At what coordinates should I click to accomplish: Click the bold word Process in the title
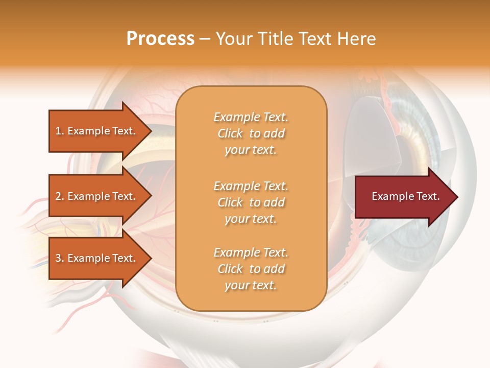pos(160,39)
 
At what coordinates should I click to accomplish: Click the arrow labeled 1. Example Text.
pos(97,131)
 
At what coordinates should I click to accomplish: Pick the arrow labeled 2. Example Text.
pos(97,196)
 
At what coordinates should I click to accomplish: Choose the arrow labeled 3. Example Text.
pos(97,258)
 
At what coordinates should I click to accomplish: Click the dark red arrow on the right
pos(403,197)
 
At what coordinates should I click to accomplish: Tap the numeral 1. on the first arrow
pos(60,131)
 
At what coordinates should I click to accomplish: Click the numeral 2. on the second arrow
pos(60,196)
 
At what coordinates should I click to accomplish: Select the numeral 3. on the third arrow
pos(60,258)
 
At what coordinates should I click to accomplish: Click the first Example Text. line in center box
pos(251,117)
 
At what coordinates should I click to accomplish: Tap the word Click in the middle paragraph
pos(230,202)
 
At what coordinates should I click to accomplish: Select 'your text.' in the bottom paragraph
pos(251,285)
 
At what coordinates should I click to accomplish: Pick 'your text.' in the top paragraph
pos(251,150)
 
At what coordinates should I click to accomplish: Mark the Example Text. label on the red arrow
pos(405,196)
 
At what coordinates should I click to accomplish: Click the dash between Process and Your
pos(205,39)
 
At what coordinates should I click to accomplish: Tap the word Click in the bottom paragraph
pos(230,269)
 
